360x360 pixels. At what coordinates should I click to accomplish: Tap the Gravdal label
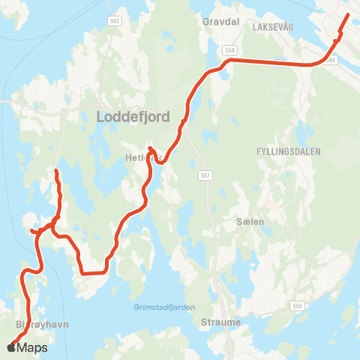pyautogui.click(x=220, y=22)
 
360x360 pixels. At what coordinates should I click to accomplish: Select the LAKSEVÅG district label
pyautogui.click(x=275, y=25)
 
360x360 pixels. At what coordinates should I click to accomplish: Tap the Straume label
pyautogui.click(x=221, y=322)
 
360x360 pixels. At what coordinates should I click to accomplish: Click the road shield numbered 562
pyautogui.click(x=114, y=21)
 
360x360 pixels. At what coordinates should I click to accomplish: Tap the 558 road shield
pyautogui.click(x=229, y=49)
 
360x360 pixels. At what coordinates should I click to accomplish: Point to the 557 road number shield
pyautogui.click(x=206, y=175)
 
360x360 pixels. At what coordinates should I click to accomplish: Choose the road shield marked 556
pyautogui.click(x=298, y=306)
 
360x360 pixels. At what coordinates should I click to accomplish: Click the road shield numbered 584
pyautogui.click(x=332, y=58)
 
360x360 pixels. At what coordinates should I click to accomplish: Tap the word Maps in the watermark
pyautogui.click(x=32, y=347)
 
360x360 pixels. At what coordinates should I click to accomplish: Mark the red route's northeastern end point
pyautogui.click(x=347, y=14)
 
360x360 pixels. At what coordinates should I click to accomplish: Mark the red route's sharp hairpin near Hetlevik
pyautogui.click(x=151, y=148)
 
